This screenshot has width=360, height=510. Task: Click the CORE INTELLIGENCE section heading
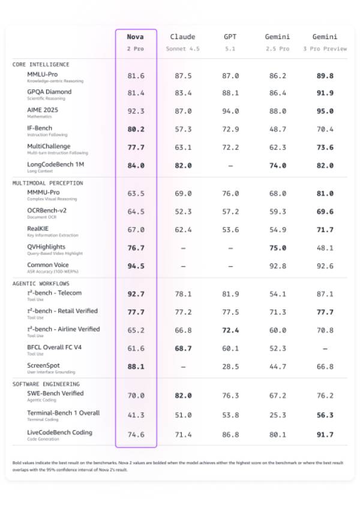pos(41,64)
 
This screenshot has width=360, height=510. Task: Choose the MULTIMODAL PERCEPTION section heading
pos(48,183)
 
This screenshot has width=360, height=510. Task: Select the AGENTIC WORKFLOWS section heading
pos(41,283)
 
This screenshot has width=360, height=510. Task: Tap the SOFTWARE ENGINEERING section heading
pos(46,384)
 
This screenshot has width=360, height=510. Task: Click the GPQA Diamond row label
pos(49,92)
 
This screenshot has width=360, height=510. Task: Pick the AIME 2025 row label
pos(43,110)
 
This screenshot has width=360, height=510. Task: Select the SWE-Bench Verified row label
pos(55,394)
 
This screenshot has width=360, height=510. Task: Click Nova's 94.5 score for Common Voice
pos(136,266)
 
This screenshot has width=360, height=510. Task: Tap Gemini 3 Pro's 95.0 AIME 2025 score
pos(324,112)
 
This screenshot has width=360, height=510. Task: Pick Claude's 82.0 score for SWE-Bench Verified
pos(182,395)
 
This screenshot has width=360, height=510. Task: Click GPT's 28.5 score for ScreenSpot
pos(230,367)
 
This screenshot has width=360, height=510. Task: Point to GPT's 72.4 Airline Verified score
pos(230,331)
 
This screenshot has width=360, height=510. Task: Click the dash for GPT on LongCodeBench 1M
pos(230,166)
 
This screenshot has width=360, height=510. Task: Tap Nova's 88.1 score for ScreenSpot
pos(136,367)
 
